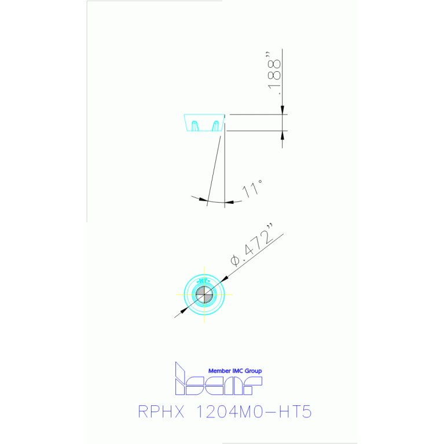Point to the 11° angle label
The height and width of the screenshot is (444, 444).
pos(254,189)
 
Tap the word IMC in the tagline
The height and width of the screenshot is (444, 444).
pos(239,371)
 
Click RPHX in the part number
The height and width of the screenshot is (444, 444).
pos(161,412)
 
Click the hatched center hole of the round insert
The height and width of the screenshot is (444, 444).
pos(204,295)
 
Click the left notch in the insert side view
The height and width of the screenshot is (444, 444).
pos(195,124)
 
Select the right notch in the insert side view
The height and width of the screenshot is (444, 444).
pos(217,124)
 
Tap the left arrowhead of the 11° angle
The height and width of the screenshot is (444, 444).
pos(203,200)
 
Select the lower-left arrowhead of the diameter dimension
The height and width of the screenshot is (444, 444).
pos(186,309)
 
